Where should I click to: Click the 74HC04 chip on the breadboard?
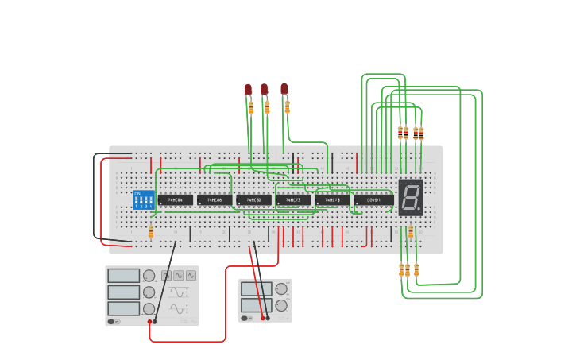175,200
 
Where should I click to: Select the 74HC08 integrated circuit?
215,200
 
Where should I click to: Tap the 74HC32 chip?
253,200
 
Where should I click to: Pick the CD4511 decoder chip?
373,200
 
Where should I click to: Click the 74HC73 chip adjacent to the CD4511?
332,200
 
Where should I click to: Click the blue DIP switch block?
143,199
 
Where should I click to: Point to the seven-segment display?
410,196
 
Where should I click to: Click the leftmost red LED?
248,89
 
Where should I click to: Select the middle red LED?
265,89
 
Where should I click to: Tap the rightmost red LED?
284,88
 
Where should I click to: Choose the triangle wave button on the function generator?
191,276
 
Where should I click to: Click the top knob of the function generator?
149,276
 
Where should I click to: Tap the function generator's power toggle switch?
114,322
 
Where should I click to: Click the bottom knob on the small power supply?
280,305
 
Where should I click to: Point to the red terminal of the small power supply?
262,318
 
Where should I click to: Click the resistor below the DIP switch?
151,232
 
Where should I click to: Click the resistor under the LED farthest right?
287,106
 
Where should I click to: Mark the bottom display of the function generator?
123,308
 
